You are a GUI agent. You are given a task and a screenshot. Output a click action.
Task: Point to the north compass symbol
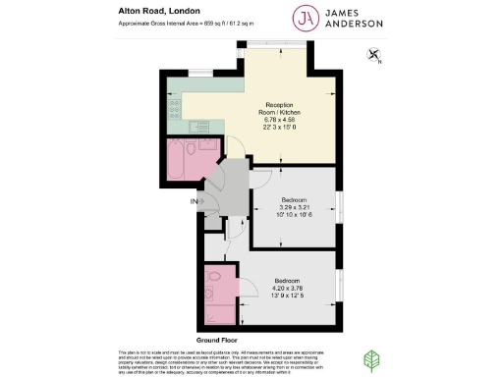pyautogui.click(x=371, y=56)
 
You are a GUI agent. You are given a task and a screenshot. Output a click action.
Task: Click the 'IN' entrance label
pyautogui.click(x=193, y=201)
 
